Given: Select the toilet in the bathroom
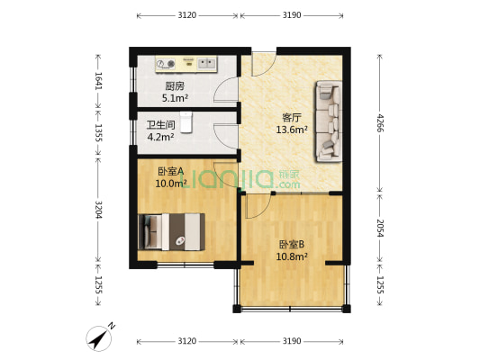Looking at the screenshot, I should point(185,120).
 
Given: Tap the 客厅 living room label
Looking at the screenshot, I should point(292,118).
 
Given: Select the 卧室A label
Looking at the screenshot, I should point(170,171).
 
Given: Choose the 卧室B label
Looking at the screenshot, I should point(292,244).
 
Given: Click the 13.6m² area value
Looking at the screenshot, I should point(292,130).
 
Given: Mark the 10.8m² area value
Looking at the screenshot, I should point(292,256).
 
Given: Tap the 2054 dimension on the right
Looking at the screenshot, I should point(378,227).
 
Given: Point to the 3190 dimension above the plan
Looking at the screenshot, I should point(292,15).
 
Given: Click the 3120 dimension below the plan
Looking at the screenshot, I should point(186,341).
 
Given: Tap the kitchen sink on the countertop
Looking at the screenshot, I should point(167,63).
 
